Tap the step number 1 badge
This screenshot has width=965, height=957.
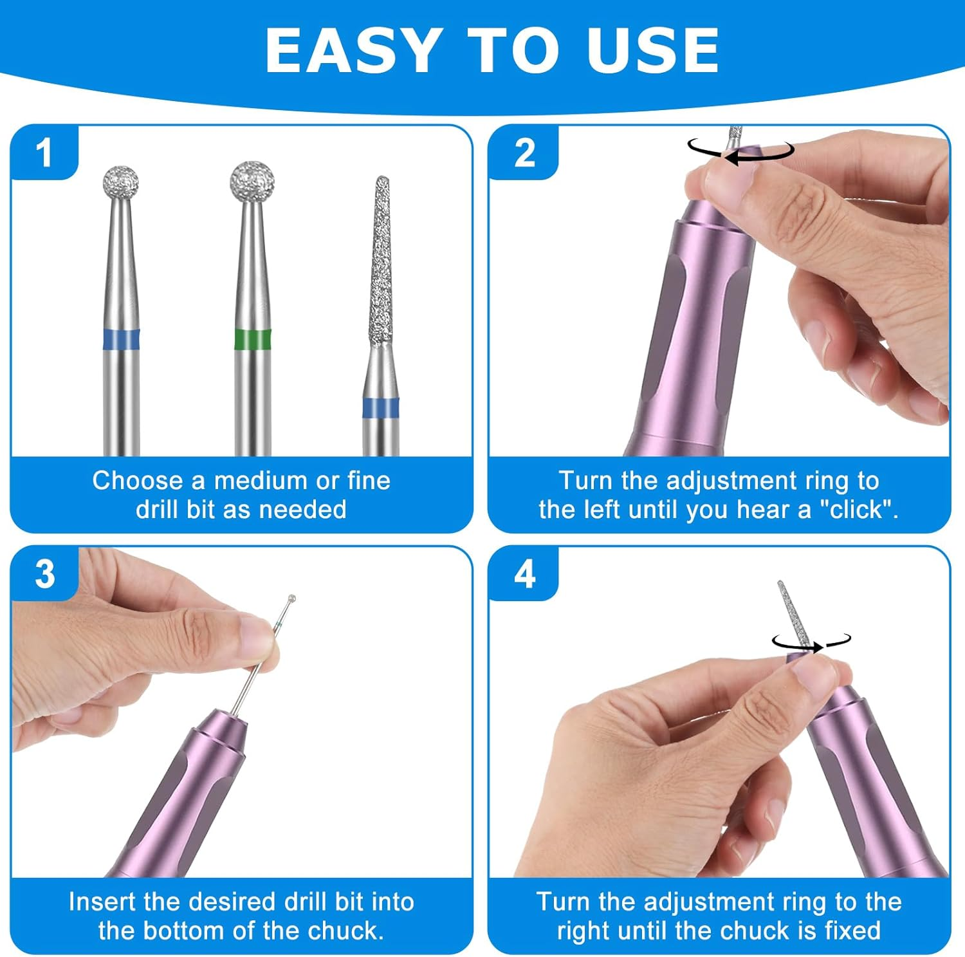pos(44,153)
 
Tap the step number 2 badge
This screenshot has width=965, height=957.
pos(524,153)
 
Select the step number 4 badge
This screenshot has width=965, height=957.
pos(524,573)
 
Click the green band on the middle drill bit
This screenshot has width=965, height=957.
pos(252,339)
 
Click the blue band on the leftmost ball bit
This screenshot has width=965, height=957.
pos(122,339)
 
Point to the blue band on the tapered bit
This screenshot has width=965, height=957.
pos(380,408)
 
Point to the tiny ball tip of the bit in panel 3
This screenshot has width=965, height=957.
pos(291,599)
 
